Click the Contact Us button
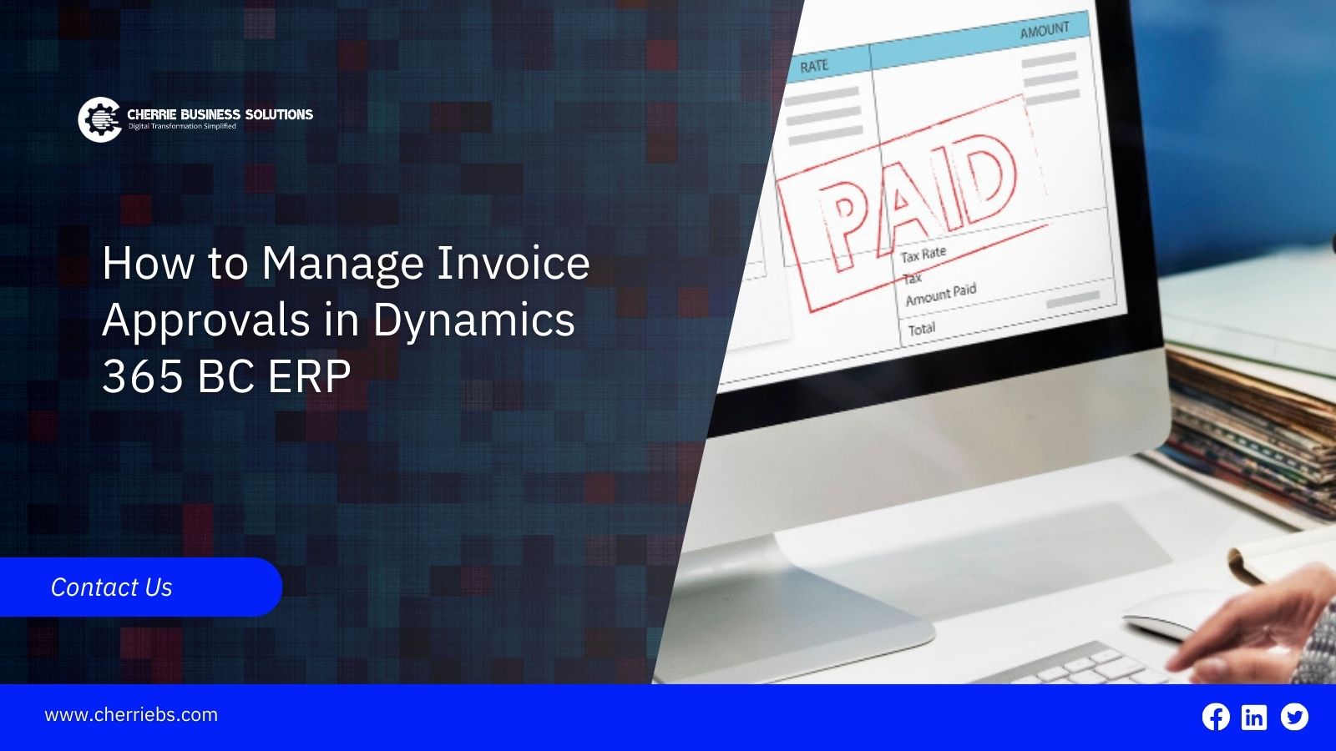pos(140,587)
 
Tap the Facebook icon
pos(1216,717)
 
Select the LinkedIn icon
pos(1253,717)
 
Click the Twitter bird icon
pos(1294,717)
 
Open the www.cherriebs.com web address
pos(131,714)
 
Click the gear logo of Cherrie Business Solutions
pos(100,120)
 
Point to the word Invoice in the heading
pos(513,263)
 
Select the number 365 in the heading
pos(143,376)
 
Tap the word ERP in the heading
pos(309,376)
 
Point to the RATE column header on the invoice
pos(814,66)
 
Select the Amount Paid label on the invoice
pos(941,295)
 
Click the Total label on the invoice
pos(922,329)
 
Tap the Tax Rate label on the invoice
pos(924,255)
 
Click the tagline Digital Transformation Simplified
pos(183,126)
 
